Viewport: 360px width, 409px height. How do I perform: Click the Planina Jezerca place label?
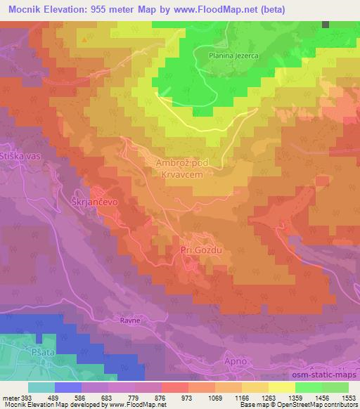click(233, 54)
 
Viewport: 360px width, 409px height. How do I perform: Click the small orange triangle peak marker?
click(85, 39)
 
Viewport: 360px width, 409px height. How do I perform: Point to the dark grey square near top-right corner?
click(326, 24)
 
